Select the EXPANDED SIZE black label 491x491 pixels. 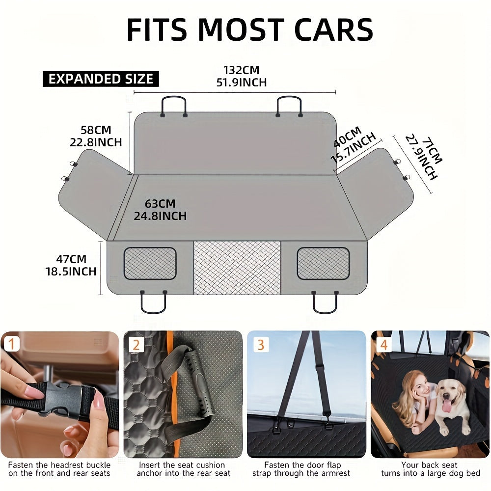[x=101, y=79]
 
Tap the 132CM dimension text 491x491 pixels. [x=241, y=70]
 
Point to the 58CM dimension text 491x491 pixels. [x=96, y=130]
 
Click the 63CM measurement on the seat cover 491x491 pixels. [x=160, y=203]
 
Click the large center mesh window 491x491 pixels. [x=237, y=268]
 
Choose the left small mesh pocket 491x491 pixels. [x=150, y=264]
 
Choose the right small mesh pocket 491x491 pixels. [x=323, y=264]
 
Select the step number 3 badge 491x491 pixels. [x=260, y=344]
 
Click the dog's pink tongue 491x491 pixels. [x=448, y=406]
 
